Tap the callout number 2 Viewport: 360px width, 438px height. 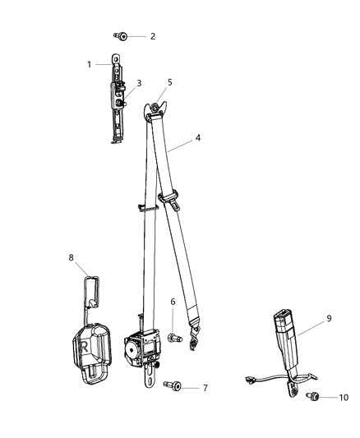[152, 37]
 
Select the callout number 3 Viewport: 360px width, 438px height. [139, 83]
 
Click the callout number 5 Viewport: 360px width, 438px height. [170, 82]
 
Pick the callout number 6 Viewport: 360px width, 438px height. [173, 302]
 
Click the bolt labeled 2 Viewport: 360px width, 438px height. [122, 36]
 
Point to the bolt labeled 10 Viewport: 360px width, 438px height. [313, 397]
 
